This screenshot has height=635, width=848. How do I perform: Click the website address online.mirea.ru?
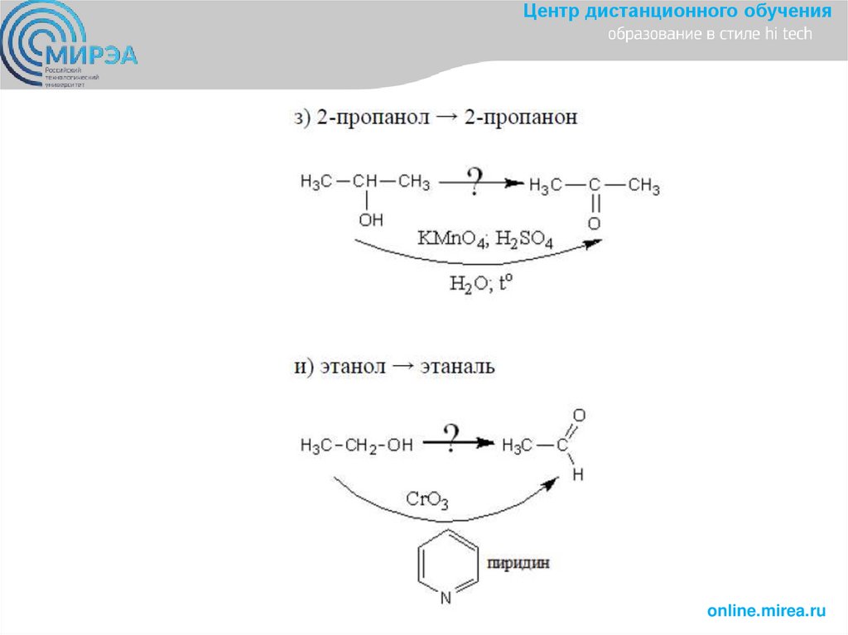[x=766, y=611]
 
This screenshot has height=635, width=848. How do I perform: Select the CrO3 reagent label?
[x=427, y=499]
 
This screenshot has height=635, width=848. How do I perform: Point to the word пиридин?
[x=518, y=564]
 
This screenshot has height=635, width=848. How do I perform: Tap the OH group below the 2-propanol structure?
[x=370, y=220]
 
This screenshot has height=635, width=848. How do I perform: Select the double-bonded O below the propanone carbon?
[x=593, y=224]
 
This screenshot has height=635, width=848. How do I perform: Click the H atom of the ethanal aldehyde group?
[x=578, y=474]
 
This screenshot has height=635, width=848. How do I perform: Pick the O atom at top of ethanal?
[x=579, y=414]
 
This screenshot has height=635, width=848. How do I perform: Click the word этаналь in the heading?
[x=457, y=366]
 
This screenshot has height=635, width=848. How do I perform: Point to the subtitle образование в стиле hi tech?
[x=710, y=35]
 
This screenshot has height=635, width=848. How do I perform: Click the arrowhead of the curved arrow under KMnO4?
[x=594, y=243]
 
